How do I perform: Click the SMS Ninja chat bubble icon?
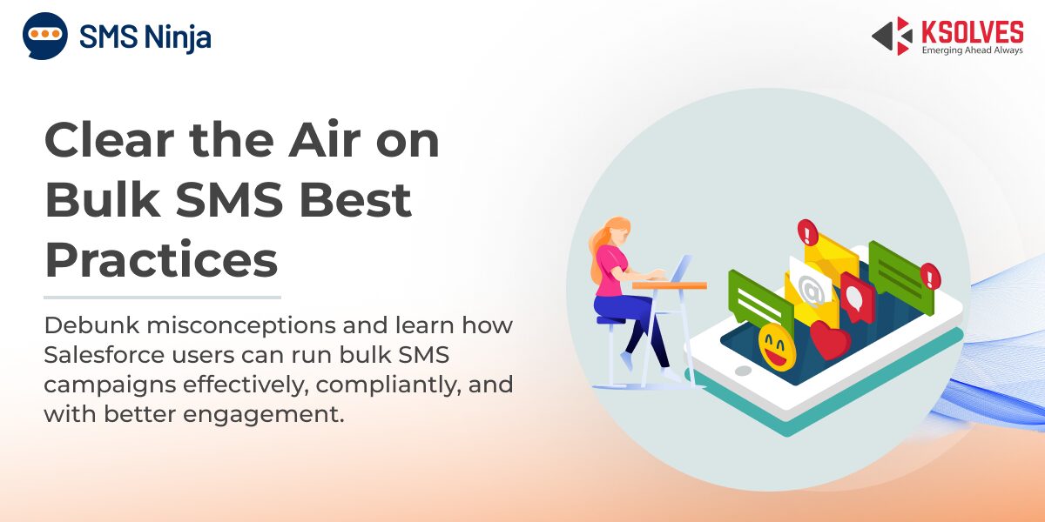[45, 36]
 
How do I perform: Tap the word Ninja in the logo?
[178, 38]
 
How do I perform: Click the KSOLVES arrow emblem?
[892, 36]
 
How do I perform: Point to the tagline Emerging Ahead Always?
[972, 50]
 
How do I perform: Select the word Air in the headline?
[325, 140]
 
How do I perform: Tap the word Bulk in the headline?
[103, 199]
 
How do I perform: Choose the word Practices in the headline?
[161, 259]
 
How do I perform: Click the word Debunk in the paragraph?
[92, 325]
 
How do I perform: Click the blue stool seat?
[611, 320]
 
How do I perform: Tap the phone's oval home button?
[743, 371]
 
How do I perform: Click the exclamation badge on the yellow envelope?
[807, 231]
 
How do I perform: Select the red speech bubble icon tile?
[858, 298]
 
